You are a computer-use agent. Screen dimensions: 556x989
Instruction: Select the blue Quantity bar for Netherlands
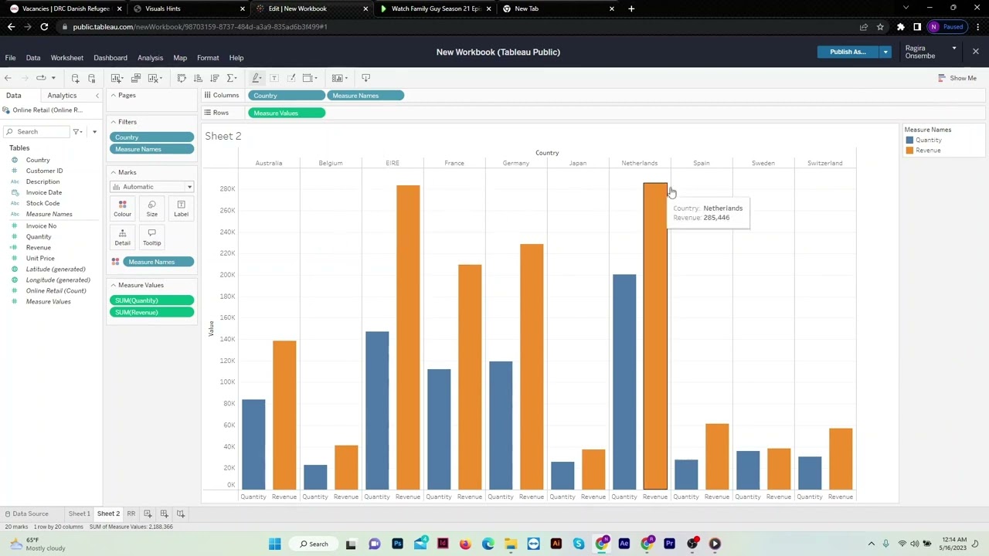(624, 381)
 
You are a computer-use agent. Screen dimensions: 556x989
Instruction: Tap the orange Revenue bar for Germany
(532, 366)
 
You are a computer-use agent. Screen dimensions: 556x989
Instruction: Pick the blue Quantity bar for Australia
(253, 444)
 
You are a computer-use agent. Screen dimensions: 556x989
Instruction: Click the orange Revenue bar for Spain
(717, 456)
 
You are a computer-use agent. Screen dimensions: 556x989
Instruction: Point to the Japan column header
(578, 163)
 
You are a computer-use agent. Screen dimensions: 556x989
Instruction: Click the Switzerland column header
(824, 163)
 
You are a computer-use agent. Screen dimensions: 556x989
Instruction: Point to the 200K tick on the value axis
(227, 275)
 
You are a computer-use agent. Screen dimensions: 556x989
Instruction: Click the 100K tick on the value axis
(227, 382)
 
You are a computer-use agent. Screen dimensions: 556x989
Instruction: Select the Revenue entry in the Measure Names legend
(928, 151)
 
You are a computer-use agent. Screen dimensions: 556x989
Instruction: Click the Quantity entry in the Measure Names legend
(928, 140)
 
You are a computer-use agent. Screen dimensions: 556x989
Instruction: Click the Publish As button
(848, 52)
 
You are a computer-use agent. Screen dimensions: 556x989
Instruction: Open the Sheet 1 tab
(79, 514)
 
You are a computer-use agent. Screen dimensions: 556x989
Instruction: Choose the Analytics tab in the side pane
(62, 95)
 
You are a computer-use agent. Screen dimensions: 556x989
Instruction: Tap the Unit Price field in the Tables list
(40, 258)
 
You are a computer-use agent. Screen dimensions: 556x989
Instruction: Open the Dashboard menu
(110, 58)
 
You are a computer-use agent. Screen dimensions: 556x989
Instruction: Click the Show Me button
(957, 78)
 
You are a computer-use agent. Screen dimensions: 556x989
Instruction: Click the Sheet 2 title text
(223, 136)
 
